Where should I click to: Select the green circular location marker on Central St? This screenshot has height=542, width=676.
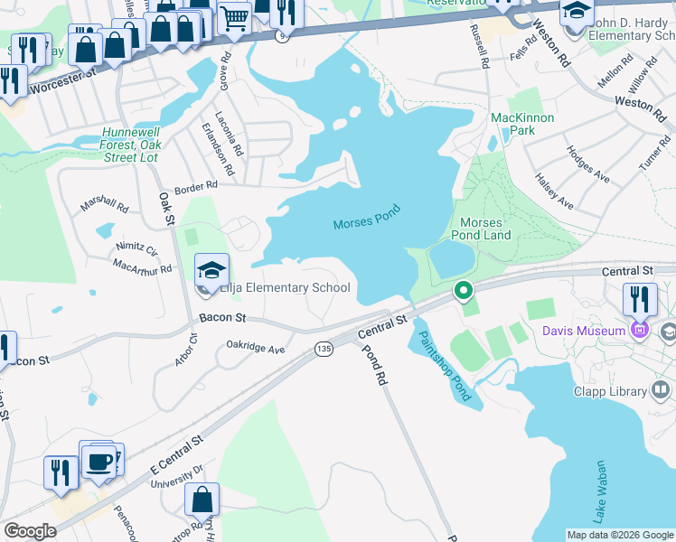click(463, 291)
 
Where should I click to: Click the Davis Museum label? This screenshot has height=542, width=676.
click(584, 331)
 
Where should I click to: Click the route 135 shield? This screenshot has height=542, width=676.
click(323, 348)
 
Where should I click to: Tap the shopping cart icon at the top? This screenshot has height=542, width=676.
click(234, 15)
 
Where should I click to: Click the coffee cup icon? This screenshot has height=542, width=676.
click(99, 461)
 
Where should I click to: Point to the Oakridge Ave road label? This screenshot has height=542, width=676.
click(256, 347)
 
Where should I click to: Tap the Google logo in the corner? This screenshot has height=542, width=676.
click(30, 531)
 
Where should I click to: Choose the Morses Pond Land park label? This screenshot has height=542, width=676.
click(486, 229)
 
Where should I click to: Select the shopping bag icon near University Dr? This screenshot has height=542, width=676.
click(202, 499)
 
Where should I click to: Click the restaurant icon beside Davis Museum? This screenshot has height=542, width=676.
click(640, 299)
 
